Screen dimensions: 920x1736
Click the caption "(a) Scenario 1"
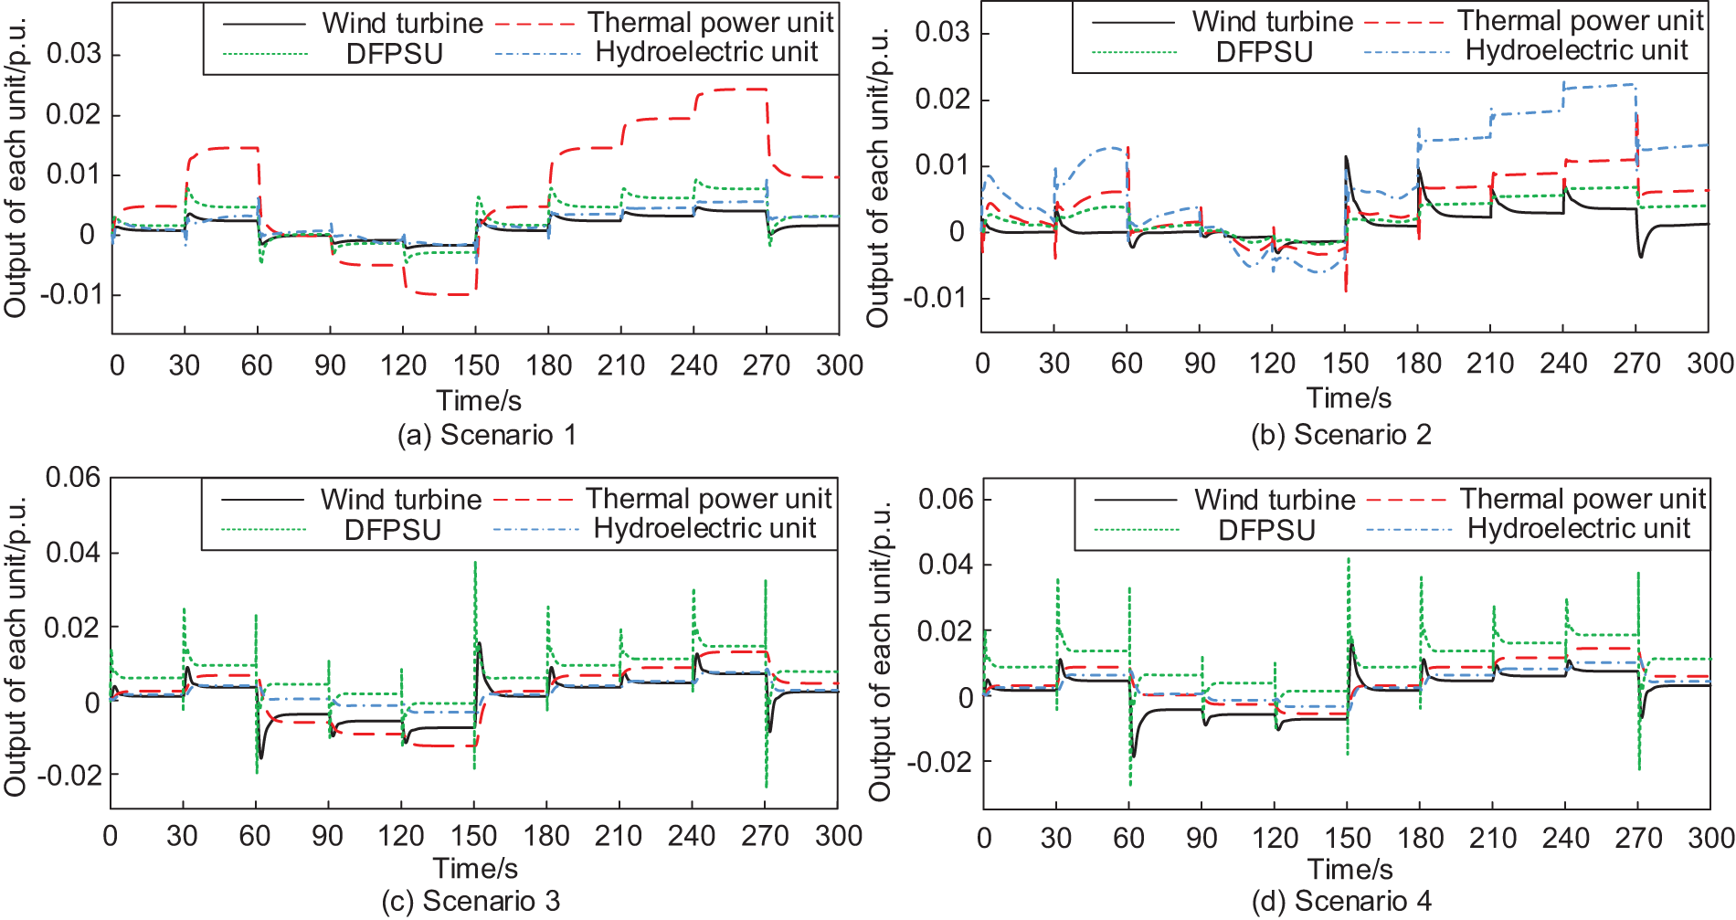click(x=486, y=435)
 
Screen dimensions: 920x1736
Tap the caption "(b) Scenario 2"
click(x=1340, y=434)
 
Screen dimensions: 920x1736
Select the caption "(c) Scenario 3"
click(x=471, y=901)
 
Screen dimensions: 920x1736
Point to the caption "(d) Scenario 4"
click(x=1341, y=901)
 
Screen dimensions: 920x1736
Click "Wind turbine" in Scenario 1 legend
click(x=402, y=23)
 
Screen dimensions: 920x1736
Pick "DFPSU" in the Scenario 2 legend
click(x=1264, y=52)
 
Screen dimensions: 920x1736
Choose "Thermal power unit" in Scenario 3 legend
click(x=708, y=499)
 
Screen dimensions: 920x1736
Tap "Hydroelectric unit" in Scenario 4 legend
click(x=1578, y=529)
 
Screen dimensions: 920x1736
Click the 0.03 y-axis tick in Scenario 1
click(x=74, y=54)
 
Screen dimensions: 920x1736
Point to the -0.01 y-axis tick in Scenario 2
click(x=934, y=298)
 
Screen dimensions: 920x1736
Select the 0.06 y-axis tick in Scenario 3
click(x=73, y=477)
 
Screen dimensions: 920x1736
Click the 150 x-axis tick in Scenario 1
click(x=475, y=365)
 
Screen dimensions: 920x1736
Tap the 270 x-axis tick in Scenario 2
click(x=1635, y=364)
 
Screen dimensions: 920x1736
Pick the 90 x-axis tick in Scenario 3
click(x=327, y=836)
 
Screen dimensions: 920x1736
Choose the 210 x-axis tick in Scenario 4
click(x=1492, y=838)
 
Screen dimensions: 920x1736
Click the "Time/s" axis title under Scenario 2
click(x=1349, y=398)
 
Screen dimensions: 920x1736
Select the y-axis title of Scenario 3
click(x=16, y=645)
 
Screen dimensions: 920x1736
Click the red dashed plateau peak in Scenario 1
click(x=730, y=90)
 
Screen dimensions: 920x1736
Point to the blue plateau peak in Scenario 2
click(x=1599, y=86)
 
